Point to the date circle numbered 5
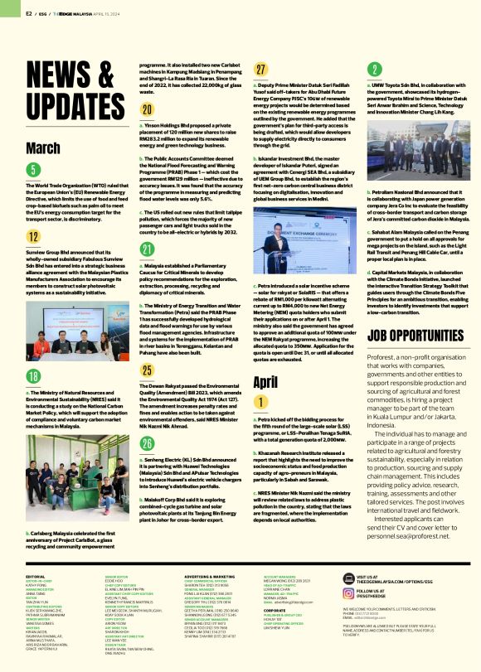click(x=33, y=170)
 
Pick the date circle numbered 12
click(x=33, y=236)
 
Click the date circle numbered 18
click(x=33, y=376)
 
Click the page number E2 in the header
click(x=29, y=13)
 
